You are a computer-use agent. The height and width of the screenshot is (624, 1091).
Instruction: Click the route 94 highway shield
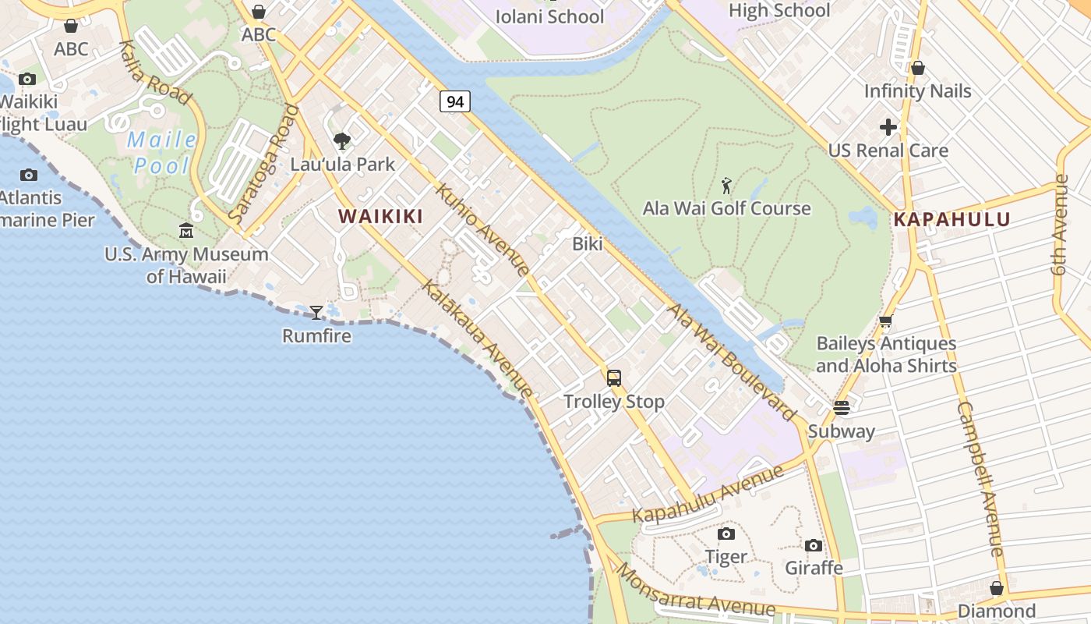tap(455, 101)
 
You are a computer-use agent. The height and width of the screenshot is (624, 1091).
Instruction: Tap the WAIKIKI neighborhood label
tap(381, 217)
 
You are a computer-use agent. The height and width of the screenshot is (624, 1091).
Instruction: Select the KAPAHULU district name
tap(952, 219)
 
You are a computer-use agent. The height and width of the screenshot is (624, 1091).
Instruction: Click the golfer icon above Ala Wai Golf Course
tap(727, 186)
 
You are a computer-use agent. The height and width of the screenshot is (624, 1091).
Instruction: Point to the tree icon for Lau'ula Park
tap(341, 141)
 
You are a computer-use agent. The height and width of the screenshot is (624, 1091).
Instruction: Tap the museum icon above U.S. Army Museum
tap(186, 231)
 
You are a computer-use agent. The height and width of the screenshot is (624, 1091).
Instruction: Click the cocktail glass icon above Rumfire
tap(316, 313)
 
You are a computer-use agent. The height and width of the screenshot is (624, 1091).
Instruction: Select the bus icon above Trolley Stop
tap(614, 378)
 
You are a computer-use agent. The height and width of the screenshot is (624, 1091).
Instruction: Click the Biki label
tap(588, 243)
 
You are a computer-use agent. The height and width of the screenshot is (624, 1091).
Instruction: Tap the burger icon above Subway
tap(842, 408)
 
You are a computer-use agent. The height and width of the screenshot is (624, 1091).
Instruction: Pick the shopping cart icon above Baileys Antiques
tap(885, 321)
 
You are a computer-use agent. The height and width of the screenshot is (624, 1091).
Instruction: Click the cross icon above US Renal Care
tap(888, 127)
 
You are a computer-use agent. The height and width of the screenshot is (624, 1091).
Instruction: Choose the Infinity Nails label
tap(917, 91)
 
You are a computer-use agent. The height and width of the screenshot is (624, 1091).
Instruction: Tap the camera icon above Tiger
tap(726, 534)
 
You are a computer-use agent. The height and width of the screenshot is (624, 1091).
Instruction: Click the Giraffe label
tap(814, 567)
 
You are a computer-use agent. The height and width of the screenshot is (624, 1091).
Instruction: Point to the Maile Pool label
tap(162, 153)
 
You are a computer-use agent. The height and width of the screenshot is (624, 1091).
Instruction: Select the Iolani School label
tap(549, 16)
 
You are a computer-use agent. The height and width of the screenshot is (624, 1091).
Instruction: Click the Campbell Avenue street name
tap(979, 479)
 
